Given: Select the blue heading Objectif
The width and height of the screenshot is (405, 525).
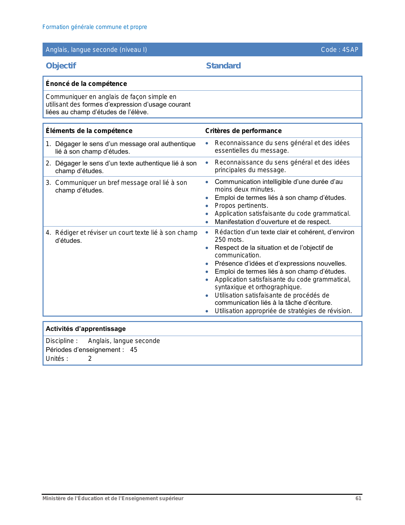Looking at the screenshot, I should tap(61, 66).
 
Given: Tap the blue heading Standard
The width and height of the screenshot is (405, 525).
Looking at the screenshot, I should tap(223, 66).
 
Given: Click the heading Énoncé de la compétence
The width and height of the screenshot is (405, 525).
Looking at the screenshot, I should tap(86, 84).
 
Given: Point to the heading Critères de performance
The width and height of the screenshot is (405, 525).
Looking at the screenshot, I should tap(243, 131).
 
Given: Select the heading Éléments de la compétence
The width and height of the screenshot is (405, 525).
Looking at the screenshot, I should tap(89, 131).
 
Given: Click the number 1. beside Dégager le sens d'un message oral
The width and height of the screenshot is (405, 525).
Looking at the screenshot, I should tap(48, 144).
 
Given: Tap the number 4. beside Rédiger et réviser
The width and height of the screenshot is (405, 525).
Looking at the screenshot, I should tap(48, 233).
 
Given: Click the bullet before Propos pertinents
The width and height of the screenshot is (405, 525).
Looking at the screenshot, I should tap(207, 206).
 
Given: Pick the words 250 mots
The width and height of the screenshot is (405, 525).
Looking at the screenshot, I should tap(229, 240).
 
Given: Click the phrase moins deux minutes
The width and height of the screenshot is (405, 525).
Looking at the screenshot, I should tap(245, 189).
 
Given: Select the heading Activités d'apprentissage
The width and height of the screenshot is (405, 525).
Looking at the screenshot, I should tap(85, 329).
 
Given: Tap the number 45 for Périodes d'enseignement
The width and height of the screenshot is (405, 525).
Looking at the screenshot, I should tap(134, 350).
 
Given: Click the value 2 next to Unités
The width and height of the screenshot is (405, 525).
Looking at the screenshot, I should tap(90, 359).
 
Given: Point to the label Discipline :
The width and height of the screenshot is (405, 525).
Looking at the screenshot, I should tap(62, 341).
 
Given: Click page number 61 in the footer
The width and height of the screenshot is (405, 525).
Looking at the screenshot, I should tap(358, 498).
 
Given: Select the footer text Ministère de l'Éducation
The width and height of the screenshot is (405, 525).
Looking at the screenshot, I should tap(113, 498).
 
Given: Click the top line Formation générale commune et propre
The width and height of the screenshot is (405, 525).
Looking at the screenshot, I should tap(95, 27).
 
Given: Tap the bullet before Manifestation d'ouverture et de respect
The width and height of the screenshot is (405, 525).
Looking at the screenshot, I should tap(207, 222).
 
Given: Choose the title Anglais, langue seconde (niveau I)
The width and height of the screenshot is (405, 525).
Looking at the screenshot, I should tap(96, 50).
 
